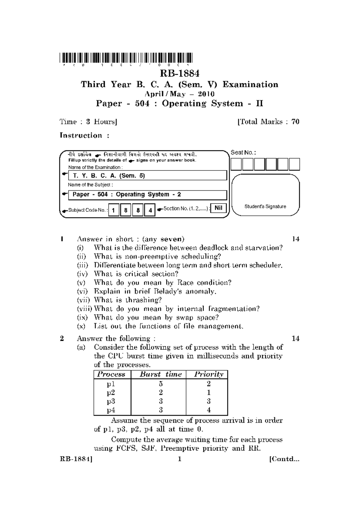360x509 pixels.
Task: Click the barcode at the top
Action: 126,57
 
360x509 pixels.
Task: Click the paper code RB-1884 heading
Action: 179,74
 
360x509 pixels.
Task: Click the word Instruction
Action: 81,135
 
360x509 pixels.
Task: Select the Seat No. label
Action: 243,152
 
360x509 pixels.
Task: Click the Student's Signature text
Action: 265,206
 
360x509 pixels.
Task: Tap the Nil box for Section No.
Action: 218,208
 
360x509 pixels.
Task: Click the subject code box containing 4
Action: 150,210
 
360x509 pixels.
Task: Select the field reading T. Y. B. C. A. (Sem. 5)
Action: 148,176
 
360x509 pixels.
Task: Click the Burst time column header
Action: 161,374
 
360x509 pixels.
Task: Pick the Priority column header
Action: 208,374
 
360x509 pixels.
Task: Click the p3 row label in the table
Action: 111,401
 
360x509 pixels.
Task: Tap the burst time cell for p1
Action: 161,384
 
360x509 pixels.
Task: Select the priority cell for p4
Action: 208,410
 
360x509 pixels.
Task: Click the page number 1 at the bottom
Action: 179,459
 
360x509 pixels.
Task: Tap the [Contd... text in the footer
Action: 284,459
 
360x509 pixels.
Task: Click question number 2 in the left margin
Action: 62,339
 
